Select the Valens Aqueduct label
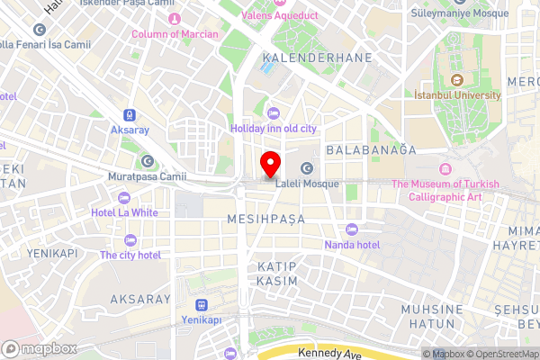(280, 16)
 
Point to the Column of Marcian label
(175, 34)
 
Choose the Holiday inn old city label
(274, 129)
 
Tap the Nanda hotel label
(352, 244)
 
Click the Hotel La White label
(124, 213)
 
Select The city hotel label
(130, 255)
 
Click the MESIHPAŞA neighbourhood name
(267, 219)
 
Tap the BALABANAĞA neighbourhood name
(372, 149)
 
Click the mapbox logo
(38, 349)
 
